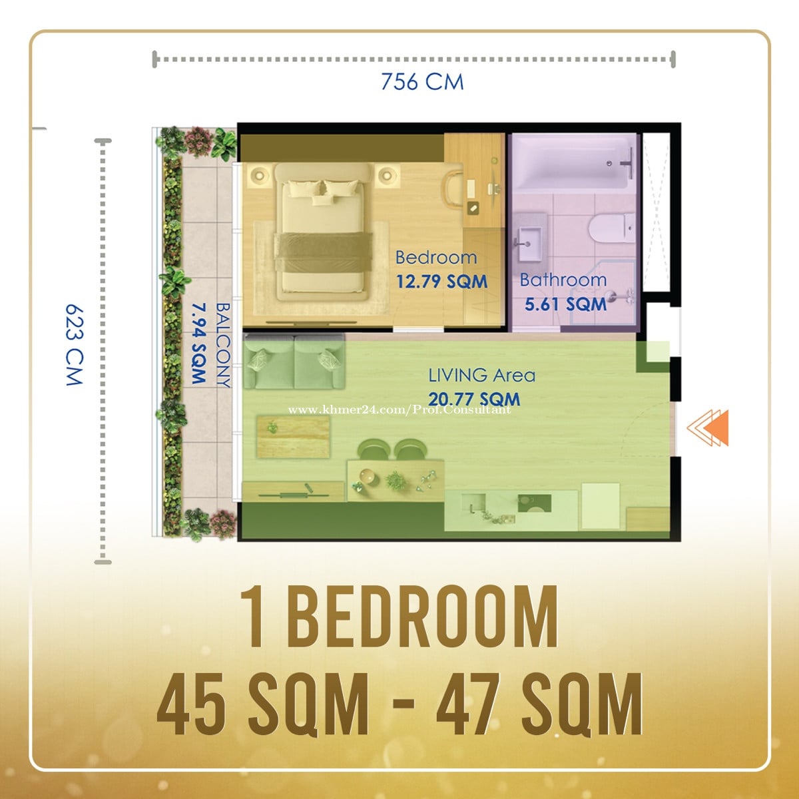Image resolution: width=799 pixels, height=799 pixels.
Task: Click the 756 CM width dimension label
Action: point(422,82)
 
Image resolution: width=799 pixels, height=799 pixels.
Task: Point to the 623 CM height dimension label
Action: point(75,346)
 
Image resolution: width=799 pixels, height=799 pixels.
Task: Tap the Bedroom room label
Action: point(436,258)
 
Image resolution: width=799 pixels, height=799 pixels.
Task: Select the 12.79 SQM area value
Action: point(442,282)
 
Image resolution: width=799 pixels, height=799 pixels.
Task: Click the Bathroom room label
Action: point(563,280)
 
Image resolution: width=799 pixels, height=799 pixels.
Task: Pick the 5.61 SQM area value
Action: point(565,304)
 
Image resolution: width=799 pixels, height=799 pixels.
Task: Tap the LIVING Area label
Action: point(482,376)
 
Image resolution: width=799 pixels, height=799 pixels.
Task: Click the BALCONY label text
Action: point(223,345)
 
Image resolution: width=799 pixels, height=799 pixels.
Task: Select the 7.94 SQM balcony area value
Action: point(199,344)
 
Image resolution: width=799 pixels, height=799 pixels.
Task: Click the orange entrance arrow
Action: point(708,428)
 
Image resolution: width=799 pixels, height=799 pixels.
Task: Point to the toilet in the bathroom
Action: point(611,228)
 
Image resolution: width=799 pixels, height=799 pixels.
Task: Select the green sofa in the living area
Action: point(294,361)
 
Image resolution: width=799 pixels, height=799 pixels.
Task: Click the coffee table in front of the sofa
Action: point(293,437)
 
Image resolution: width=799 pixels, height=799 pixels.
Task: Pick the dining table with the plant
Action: point(396,479)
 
